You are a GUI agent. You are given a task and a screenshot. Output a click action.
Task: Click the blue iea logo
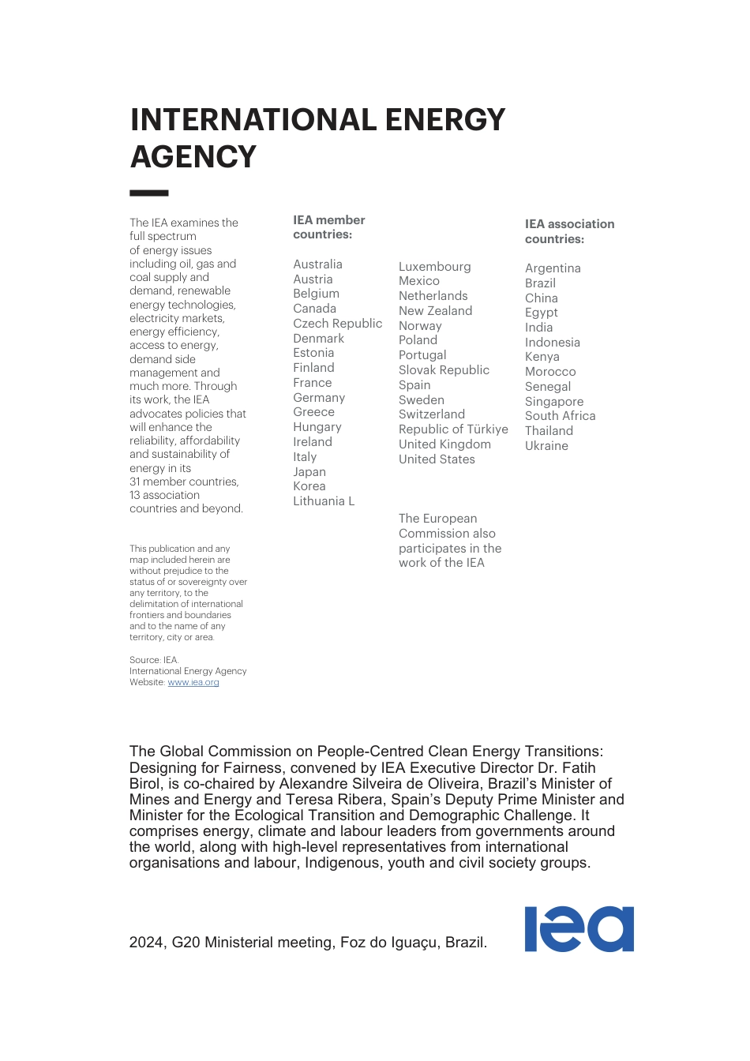579,929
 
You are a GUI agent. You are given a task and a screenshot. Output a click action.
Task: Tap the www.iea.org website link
193,682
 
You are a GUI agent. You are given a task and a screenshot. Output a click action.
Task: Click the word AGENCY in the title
193,157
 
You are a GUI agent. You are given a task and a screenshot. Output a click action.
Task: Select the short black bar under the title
149,193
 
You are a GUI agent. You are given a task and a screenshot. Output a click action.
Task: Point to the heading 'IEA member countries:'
328,227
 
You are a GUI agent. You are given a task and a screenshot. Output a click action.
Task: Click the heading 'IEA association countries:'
569,231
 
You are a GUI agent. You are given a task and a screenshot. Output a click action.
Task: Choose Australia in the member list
317,264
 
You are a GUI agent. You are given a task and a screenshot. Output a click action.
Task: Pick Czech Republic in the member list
337,324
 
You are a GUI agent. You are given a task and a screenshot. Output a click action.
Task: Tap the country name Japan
309,472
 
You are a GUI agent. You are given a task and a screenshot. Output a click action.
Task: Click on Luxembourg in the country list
434,267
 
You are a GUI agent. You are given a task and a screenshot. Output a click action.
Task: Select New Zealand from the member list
435,311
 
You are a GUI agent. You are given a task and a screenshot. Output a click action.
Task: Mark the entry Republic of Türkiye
453,429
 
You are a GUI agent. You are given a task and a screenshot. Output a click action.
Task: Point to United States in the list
437,459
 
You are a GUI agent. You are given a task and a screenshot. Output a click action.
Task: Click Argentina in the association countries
553,268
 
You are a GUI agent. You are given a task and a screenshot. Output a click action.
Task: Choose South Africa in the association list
560,416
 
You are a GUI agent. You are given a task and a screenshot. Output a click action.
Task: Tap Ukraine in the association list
546,446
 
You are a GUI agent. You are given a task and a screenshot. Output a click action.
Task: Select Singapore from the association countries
554,402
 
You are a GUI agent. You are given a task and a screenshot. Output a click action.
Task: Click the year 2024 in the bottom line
147,943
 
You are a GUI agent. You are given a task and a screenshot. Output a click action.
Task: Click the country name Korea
309,486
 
